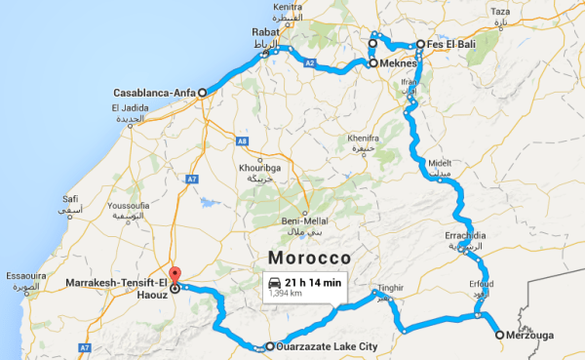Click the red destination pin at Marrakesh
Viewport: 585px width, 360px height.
[x=175, y=276]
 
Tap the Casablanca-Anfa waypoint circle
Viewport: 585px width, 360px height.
[x=203, y=93]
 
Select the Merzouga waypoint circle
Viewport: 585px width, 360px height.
[x=500, y=335]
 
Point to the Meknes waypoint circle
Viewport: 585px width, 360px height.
[x=372, y=62]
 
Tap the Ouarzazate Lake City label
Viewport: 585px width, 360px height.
[x=321, y=346]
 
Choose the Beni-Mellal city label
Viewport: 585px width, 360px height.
[x=301, y=220]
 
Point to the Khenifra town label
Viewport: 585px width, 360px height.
[x=363, y=139]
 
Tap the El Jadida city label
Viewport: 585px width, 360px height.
[x=130, y=107]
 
